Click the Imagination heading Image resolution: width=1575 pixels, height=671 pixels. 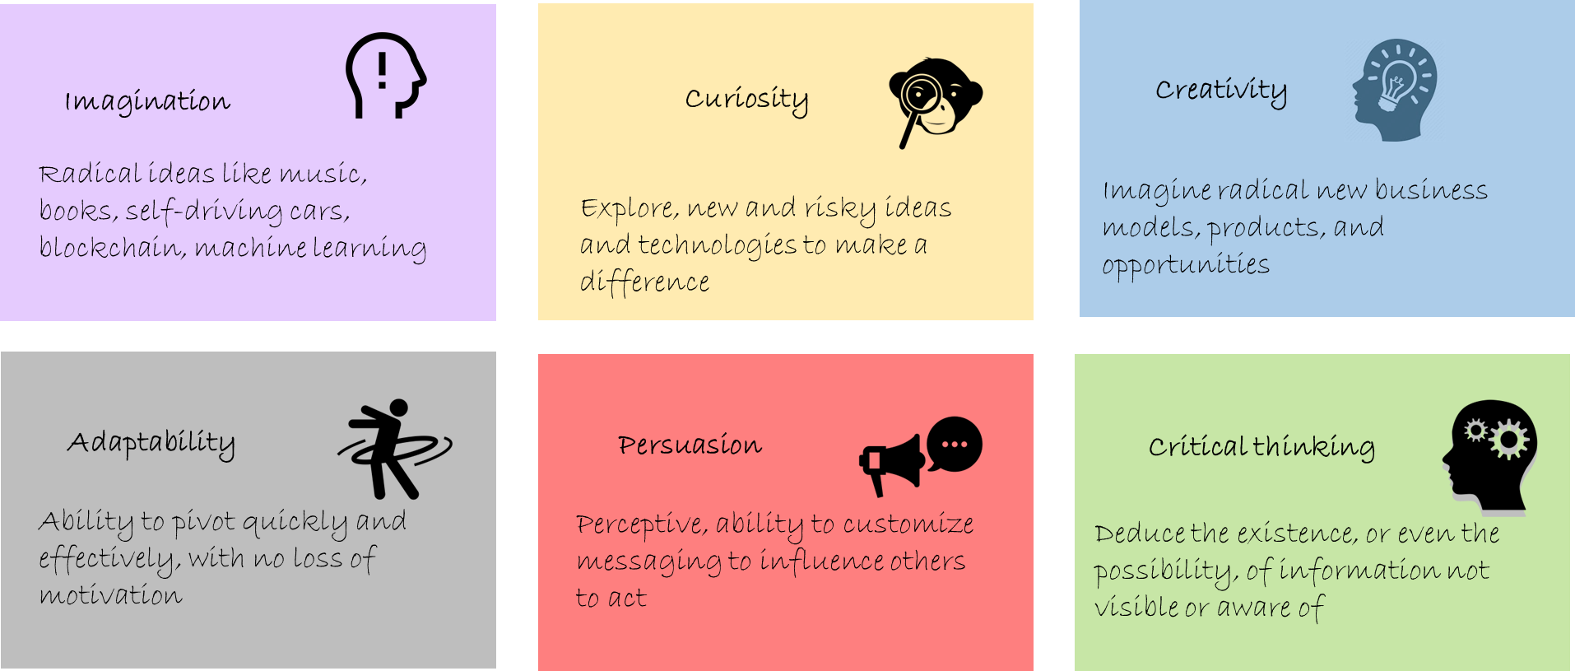(148, 102)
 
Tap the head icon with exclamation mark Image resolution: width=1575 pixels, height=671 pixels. (386, 76)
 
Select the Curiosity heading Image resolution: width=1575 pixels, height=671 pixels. (746, 100)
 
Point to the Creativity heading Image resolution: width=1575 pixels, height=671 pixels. (1220, 91)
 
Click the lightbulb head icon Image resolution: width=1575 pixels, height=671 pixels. (1395, 90)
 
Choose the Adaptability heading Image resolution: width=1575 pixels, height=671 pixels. (151, 443)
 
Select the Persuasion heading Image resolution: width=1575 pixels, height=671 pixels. (690, 445)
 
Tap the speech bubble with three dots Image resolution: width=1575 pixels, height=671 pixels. (955, 444)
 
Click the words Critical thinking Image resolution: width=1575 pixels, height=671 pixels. (1261, 447)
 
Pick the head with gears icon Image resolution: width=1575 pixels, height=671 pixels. (1489, 457)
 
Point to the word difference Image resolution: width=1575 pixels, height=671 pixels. (644, 282)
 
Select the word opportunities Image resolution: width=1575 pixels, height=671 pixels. (1186, 266)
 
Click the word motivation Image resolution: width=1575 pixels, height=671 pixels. (111, 596)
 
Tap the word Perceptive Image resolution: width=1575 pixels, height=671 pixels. (641, 525)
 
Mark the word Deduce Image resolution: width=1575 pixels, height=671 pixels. (1140, 534)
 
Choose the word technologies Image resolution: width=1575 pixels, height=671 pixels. (717, 246)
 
